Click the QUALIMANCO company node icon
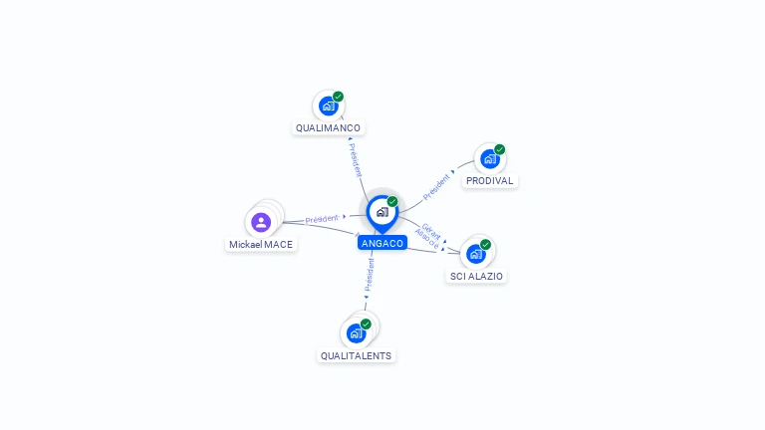click(328, 106)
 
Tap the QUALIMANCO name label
click(328, 128)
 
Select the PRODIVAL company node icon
click(488, 159)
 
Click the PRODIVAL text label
click(489, 181)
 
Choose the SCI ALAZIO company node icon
click(475, 254)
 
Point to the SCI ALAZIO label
click(476, 276)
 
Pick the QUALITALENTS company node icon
click(356, 333)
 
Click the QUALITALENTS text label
click(357, 355)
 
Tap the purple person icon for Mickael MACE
click(261, 222)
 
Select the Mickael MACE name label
click(261, 244)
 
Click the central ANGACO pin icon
click(381, 212)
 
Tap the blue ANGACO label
click(382, 243)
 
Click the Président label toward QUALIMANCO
click(357, 159)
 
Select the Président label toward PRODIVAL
click(437, 186)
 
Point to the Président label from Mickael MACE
click(322, 219)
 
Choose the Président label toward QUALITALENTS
click(369, 275)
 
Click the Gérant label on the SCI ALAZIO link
click(432, 230)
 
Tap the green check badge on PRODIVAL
click(499, 149)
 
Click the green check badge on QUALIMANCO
click(338, 97)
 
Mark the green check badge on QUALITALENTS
click(366, 323)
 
